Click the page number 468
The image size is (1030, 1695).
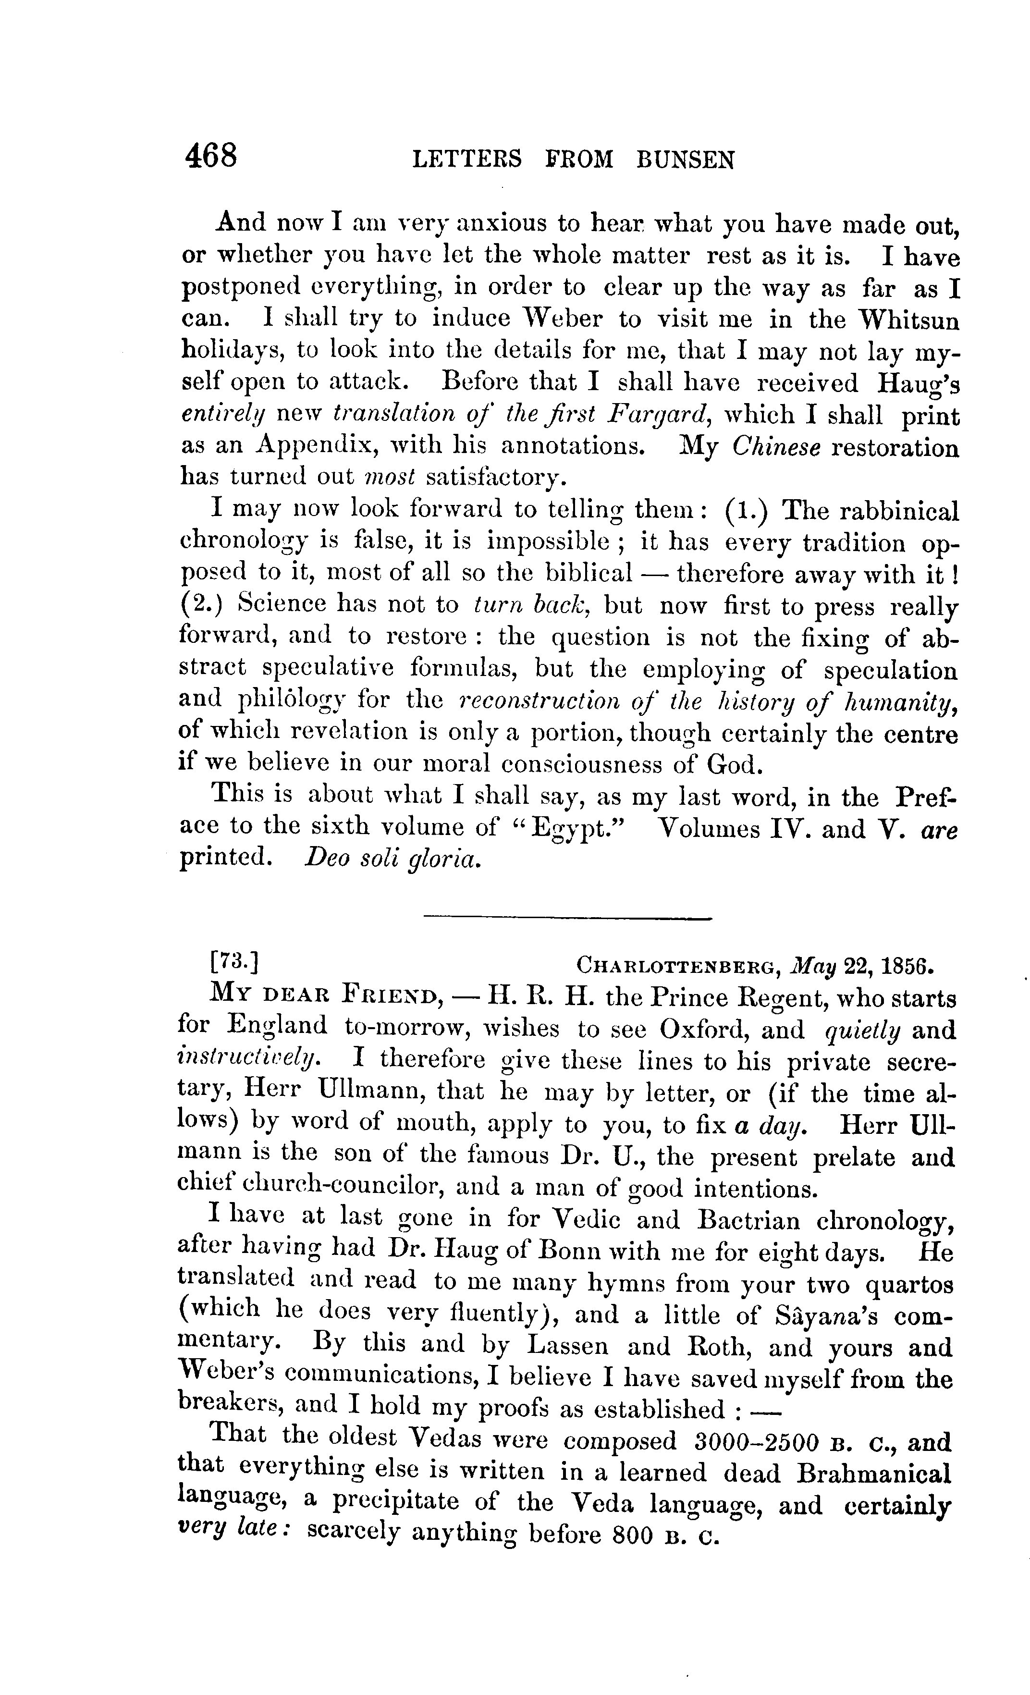pyautogui.click(x=210, y=156)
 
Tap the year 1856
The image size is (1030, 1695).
pyautogui.click(x=906, y=965)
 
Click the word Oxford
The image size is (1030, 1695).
pyautogui.click(x=732, y=1030)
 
